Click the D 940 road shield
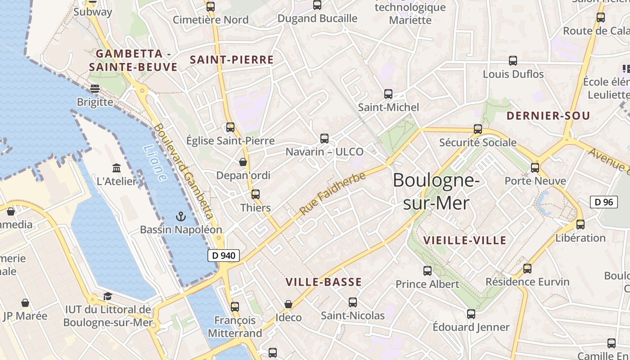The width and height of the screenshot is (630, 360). click(x=224, y=256)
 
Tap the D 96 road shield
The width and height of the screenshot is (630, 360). click(x=603, y=202)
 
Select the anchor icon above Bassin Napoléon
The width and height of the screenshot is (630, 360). click(x=180, y=216)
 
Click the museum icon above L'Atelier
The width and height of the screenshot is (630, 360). click(x=117, y=168)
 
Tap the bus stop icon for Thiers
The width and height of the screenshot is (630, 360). click(x=256, y=194)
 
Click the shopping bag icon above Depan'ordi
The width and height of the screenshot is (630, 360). click(x=243, y=162)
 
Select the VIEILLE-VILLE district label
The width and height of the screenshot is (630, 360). click(x=465, y=240)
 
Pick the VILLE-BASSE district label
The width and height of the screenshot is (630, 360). click(x=324, y=282)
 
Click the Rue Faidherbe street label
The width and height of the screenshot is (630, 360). click(x=333, y=193)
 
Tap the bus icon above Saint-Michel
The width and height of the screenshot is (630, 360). click(x=388, y=94)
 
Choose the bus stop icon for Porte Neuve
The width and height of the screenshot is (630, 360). click(x=535, y=168)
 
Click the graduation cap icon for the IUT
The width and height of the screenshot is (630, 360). click(x=108, y=296)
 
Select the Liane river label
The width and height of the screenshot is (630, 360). click(x=154, y=162)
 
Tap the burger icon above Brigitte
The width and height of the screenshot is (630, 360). click(x=94, y=89)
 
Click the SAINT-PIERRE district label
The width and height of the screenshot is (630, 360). click(x=232, y=60)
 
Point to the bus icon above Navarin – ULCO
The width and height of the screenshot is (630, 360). click(x=324, y=139)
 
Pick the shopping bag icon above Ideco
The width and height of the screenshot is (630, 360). click(x=288, y=305)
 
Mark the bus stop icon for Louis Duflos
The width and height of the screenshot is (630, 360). click(x=513, y=61)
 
